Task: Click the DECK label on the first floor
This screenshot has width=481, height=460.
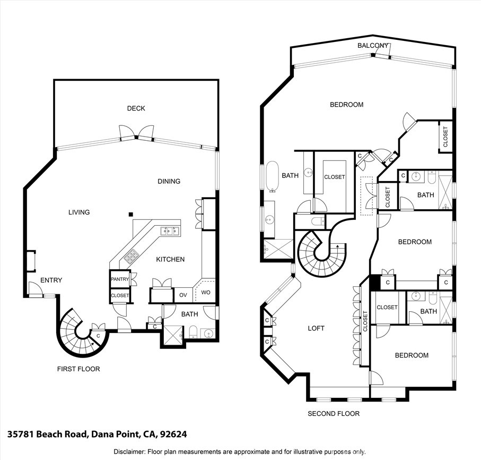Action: pyautogui.click(x=136, y=108)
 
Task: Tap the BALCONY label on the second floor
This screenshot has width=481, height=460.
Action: pyautogui.click(x=373, y=46)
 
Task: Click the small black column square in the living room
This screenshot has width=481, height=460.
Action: pyautogui.click(x=130, y=215)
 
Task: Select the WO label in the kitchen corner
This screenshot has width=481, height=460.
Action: pyautogui.click(x=206, y=293)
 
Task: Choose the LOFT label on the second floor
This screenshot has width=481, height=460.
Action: pyautogui.click(x=316, y=328)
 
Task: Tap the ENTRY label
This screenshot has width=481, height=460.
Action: pyautogui.click(x=51, y=280)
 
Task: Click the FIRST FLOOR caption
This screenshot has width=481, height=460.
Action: pyautogui.click(x=78, y=369)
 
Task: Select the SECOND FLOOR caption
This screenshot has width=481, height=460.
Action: pyautogui.click(x=334, y=413)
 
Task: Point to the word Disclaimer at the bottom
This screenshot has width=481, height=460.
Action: pyautogui.click(x=129, y=452)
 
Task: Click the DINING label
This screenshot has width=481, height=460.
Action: pyautogui.click(x=169, y=181)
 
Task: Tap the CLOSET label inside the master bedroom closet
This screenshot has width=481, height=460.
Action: pyautogui.click(x=334, y=177)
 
